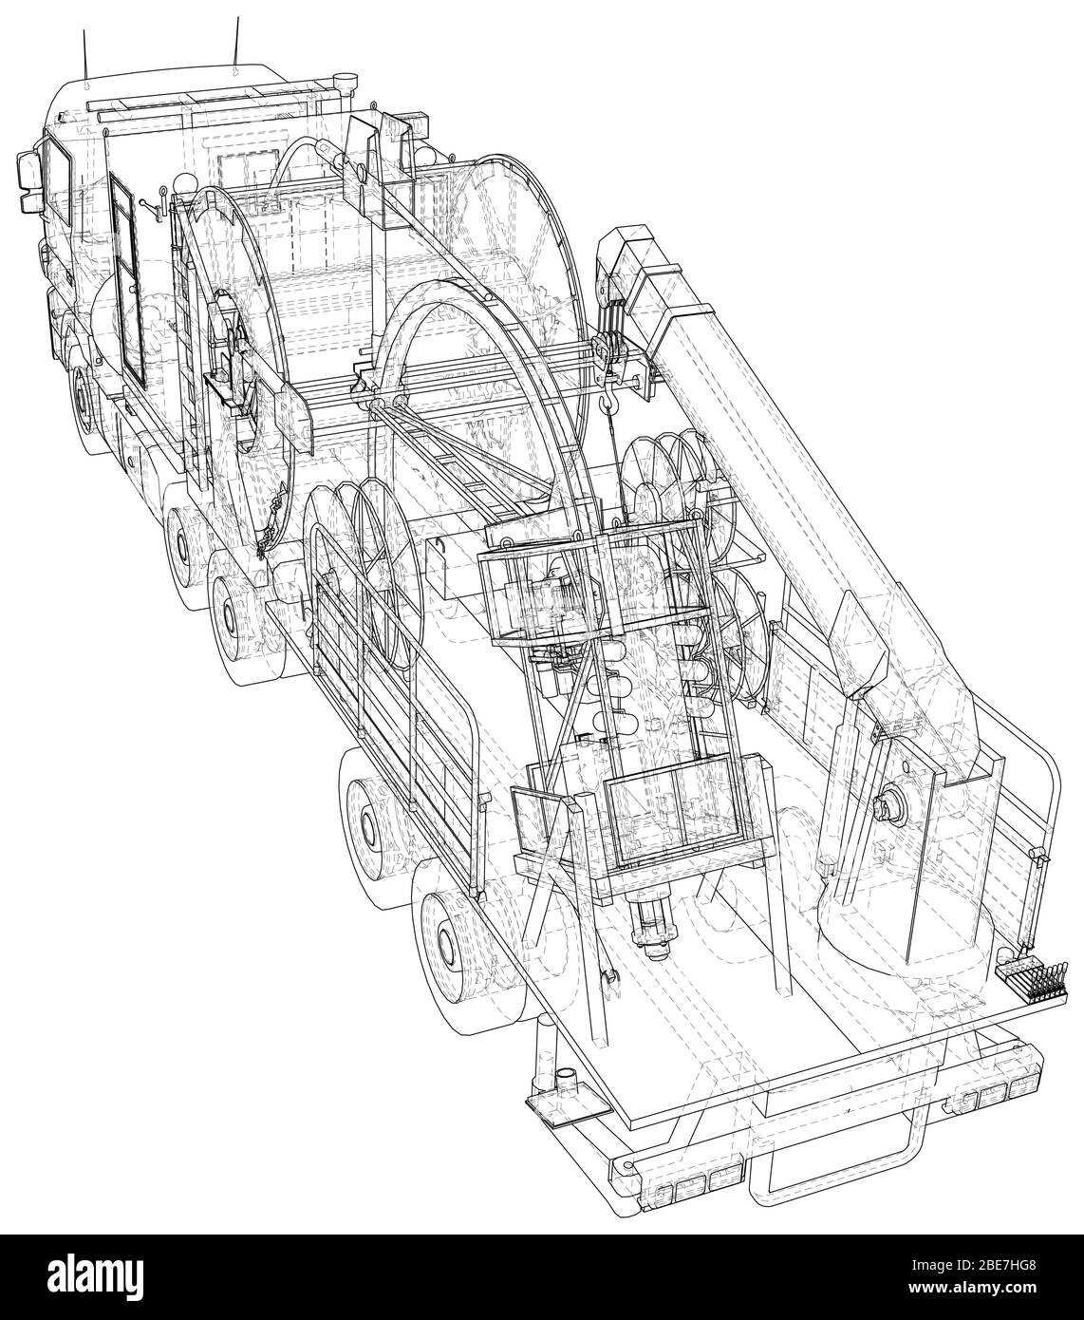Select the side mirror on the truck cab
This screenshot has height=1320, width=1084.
[x=26, y=180]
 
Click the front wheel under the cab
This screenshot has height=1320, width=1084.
[x=86, y=399]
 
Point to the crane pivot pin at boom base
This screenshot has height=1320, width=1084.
[x=888, y=809]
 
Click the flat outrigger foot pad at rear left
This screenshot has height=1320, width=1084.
[x=561, y=1103]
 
